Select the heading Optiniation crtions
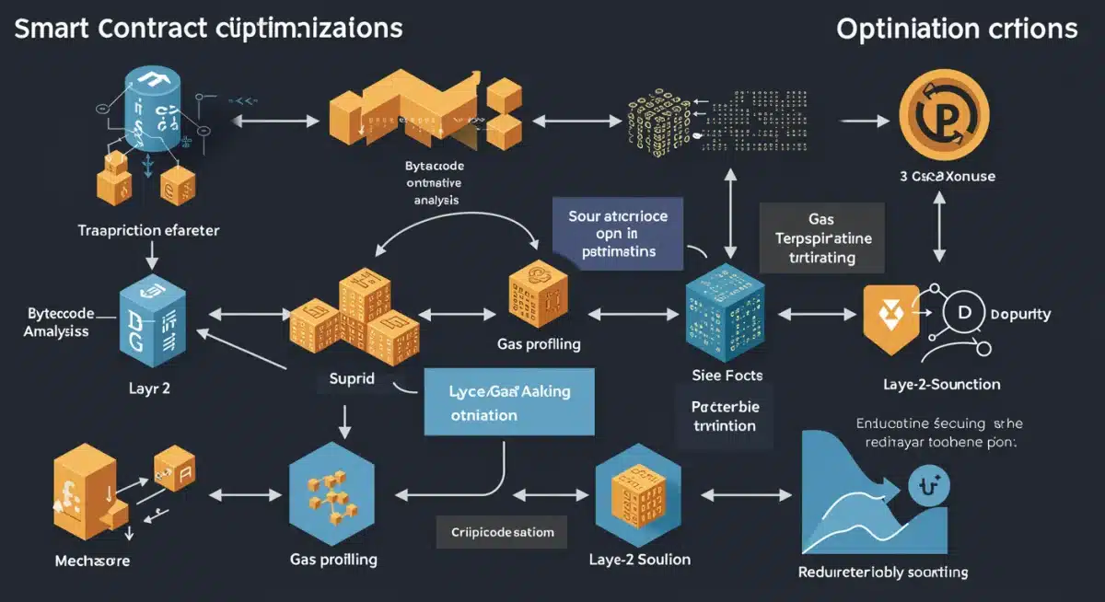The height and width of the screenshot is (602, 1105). coord(957,29)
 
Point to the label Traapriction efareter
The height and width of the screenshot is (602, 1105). coord(148,230)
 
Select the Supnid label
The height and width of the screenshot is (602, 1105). coord(352,378)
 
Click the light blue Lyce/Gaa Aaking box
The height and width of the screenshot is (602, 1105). coord(510,402)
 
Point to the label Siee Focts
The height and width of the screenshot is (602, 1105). coord(727,376)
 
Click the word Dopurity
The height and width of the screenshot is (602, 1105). coord(1020,314)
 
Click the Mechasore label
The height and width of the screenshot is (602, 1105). coord(92,560)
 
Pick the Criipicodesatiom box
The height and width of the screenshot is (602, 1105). coord(502,532)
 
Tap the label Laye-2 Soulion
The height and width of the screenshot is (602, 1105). coord(639,559)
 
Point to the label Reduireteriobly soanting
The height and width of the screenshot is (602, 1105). coord(882,572)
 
